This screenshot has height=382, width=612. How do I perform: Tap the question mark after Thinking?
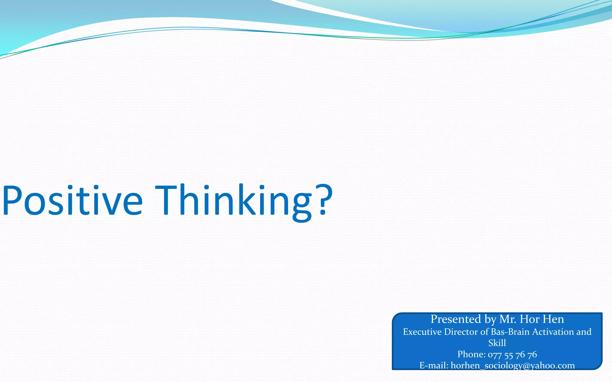324,199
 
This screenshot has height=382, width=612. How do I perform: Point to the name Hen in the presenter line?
553,319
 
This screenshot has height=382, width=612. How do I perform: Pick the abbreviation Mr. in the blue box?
508,319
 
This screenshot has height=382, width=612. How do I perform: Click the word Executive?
422,332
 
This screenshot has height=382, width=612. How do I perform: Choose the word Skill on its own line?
497,343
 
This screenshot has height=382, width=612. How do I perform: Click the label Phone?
471,354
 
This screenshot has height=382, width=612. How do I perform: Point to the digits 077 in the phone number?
495,355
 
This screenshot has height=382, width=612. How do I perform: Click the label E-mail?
434,365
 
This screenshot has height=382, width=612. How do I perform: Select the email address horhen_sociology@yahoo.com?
512,365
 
